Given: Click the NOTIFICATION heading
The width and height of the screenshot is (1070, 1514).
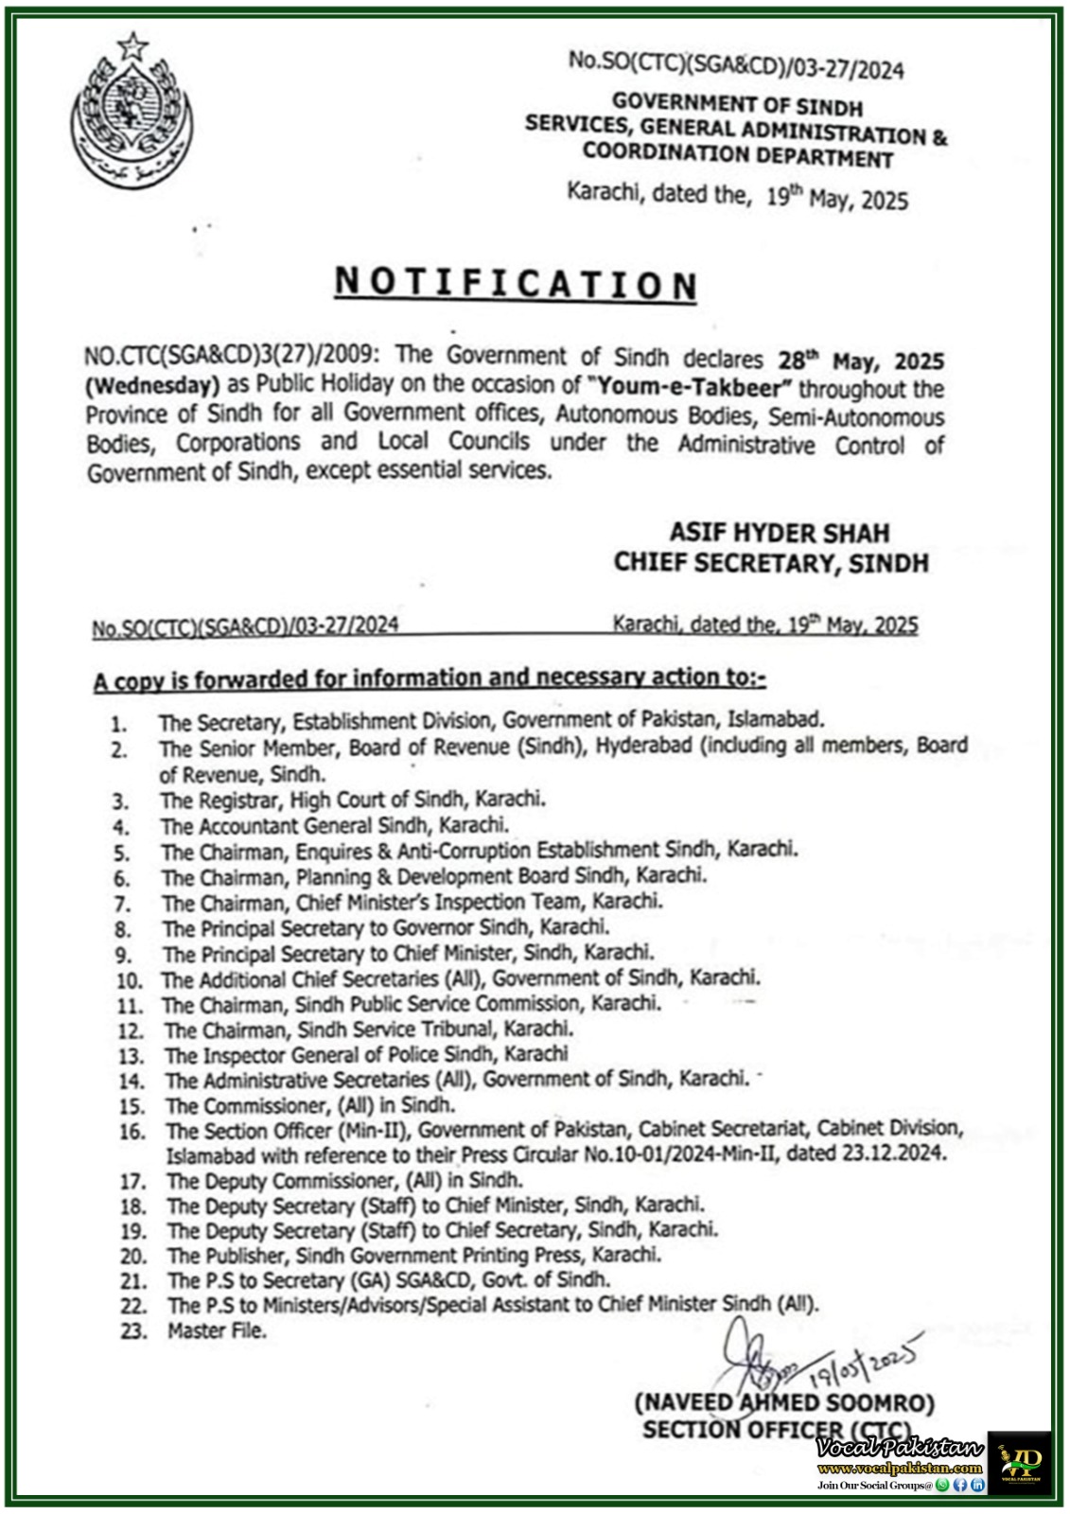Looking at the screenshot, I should coord(516,283).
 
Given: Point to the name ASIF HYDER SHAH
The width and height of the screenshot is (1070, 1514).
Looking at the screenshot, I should coord(780,533).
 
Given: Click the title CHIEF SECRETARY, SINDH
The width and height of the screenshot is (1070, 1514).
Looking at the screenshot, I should coord(771,563).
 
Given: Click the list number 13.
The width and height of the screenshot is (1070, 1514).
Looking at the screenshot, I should coord(131,1056).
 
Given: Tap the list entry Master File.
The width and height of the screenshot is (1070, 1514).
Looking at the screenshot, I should coord(217,1330).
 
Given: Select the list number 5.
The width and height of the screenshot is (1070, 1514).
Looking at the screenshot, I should coord(120,853).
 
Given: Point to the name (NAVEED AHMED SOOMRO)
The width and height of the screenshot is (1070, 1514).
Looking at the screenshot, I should coord(784,1402).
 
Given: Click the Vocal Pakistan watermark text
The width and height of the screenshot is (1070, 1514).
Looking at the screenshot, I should coord(902,1449).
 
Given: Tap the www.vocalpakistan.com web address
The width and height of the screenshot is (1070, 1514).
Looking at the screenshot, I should coord(900,1469).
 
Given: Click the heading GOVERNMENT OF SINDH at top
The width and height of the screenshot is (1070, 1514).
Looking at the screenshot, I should coord(737,103).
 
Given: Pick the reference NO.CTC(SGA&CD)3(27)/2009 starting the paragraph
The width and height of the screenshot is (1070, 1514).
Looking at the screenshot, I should coord(232,355).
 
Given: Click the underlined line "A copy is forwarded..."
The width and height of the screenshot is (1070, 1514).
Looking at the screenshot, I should coord(430,678).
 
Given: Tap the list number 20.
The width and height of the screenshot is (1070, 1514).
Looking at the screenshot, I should coord(133,1257).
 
